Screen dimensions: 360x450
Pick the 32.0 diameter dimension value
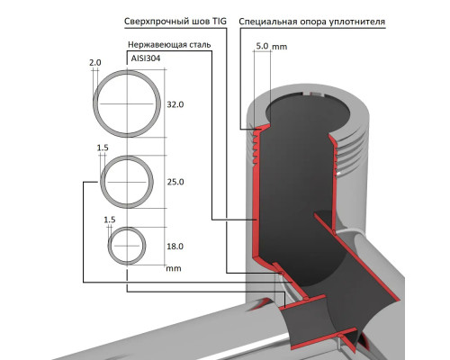coord(175,104)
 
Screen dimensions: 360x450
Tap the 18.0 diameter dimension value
coord(175,246)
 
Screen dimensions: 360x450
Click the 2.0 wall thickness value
coord(95,61)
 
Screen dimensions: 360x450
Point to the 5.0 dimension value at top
coord(262,44)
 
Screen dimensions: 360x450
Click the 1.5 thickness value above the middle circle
coord(103,147)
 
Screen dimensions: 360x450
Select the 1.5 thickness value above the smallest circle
coord(110,219)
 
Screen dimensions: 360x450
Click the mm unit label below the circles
coord(174,267)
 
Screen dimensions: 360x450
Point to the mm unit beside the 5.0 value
coord(281,44)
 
